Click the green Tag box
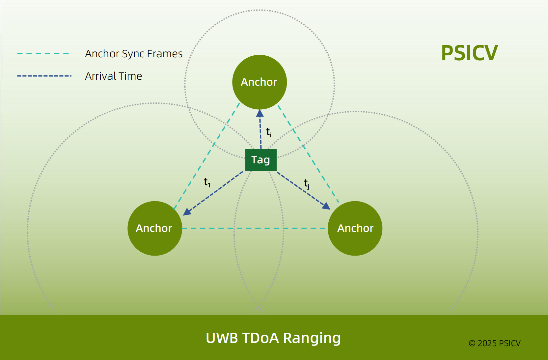[x=261, y=160]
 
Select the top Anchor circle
[x=260, y=82]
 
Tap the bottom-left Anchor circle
[x=155, y=228]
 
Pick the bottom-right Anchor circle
[x=355, y=228]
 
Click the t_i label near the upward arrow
[x=269, y=132]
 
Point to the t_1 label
[x=207, y=182]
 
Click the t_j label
[x=306, y=183]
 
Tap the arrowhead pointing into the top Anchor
[x=260, y=114]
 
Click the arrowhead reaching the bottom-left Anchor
[x=187, y=212]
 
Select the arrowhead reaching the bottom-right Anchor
[x=326, y=206]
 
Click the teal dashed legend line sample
[x=43, y=53]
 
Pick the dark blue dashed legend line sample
[x=44, y=76]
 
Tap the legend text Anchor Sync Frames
[x=134, y=54]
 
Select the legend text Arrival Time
[x=114, y=76]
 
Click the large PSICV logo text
[x=469, y=53]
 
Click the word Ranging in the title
[x=312, y=338]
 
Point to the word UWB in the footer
[x=222, y=338]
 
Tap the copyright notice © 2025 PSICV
[x=494, y=343]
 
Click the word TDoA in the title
[x=260, y=338]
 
